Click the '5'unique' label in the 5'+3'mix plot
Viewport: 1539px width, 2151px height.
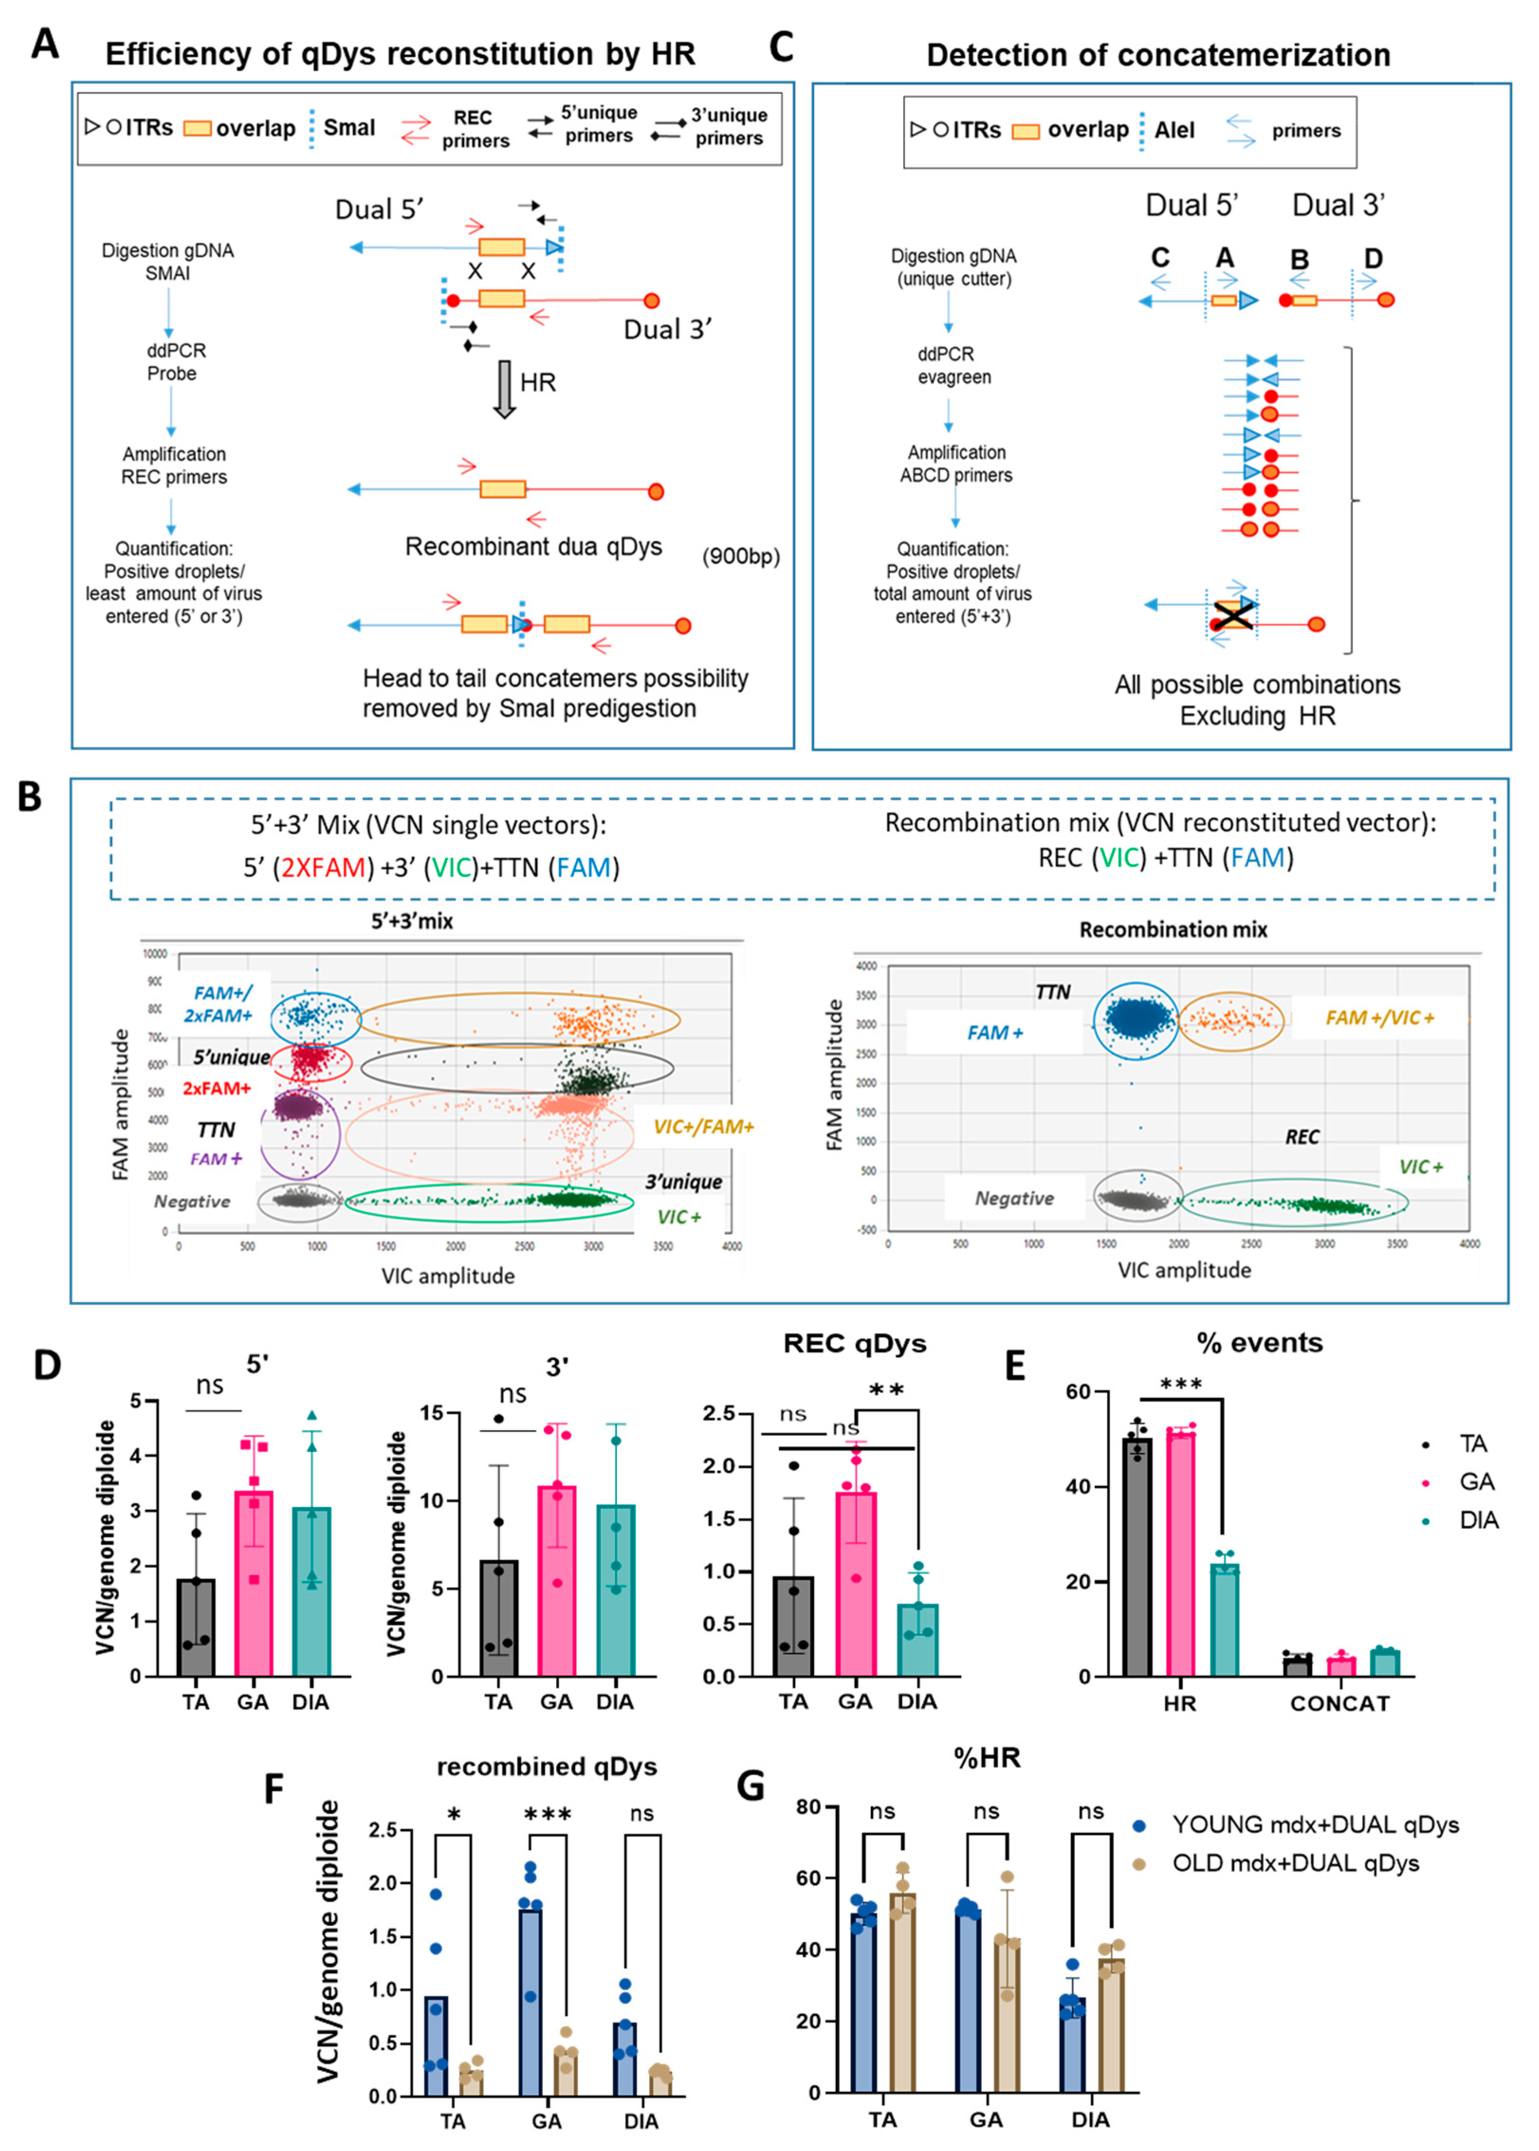click(231, 1057)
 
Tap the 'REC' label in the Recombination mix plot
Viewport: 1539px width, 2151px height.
click(1301, 1136)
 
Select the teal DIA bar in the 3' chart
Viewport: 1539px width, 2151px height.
click(615, 1591)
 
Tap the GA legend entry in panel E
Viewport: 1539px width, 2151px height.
click(1475, 1482)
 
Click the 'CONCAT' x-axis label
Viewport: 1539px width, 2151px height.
click(1339, 1704)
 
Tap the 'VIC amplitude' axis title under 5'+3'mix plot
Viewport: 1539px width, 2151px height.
click(447, 1276)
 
